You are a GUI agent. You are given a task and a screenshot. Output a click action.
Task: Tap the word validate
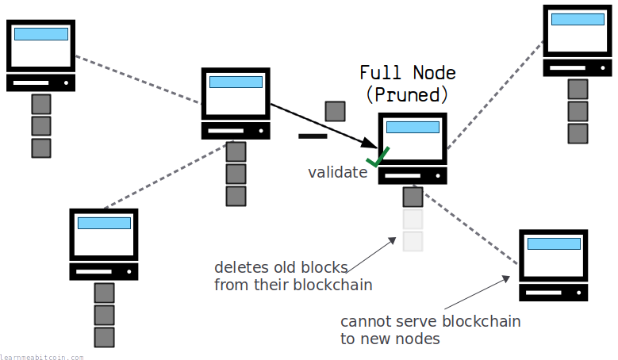pos(337,172)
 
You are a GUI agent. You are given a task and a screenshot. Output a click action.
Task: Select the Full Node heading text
pos(407,73)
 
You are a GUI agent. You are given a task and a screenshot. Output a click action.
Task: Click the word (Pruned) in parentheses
pos(407,94)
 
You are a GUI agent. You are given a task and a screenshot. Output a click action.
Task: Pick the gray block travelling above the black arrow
pos(336,110)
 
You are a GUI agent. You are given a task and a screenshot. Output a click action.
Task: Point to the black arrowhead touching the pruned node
pos(368,144)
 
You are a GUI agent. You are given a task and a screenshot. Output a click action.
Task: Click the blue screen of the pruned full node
pos(413,127)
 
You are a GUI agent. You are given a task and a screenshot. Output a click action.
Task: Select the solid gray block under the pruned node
pos(413,197)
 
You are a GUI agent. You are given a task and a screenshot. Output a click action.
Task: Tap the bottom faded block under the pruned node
pos(413,241)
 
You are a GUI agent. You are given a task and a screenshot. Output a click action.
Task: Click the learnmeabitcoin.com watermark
pos(41,357)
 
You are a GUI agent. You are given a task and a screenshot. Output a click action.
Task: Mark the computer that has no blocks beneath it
pos(553,266)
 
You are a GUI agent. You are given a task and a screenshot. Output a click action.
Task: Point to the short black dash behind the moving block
pos(313,136)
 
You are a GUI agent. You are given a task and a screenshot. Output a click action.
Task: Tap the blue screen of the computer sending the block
pos(235,82)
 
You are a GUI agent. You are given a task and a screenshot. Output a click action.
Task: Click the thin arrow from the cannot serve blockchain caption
pos(476,293)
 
